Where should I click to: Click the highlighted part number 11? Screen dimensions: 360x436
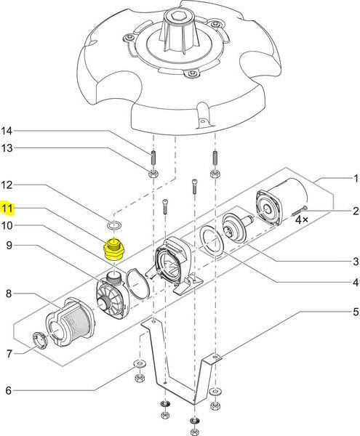coord(7,208)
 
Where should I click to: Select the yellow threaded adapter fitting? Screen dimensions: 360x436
coord(113,249)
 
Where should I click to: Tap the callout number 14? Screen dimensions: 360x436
coord(7,131)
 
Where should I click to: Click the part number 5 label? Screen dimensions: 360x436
coord(356,312)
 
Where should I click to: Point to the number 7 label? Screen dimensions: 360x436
coord(9,354)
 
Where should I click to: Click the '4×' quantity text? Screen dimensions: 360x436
coord(302,220)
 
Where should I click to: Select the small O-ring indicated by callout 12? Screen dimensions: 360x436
coord(114,225)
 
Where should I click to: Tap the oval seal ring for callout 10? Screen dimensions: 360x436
coord(137,284)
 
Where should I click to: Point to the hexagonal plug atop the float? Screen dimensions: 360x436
coord(177,17)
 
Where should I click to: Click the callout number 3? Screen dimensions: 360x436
coord(356,262)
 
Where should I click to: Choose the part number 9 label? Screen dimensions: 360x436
coord(9,246)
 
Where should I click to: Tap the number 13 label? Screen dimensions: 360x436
coord(7,148)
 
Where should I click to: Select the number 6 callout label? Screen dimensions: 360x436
coord(9,390)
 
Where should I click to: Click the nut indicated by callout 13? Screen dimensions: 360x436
coord(153,174)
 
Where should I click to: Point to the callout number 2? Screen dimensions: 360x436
coord(356,211)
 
